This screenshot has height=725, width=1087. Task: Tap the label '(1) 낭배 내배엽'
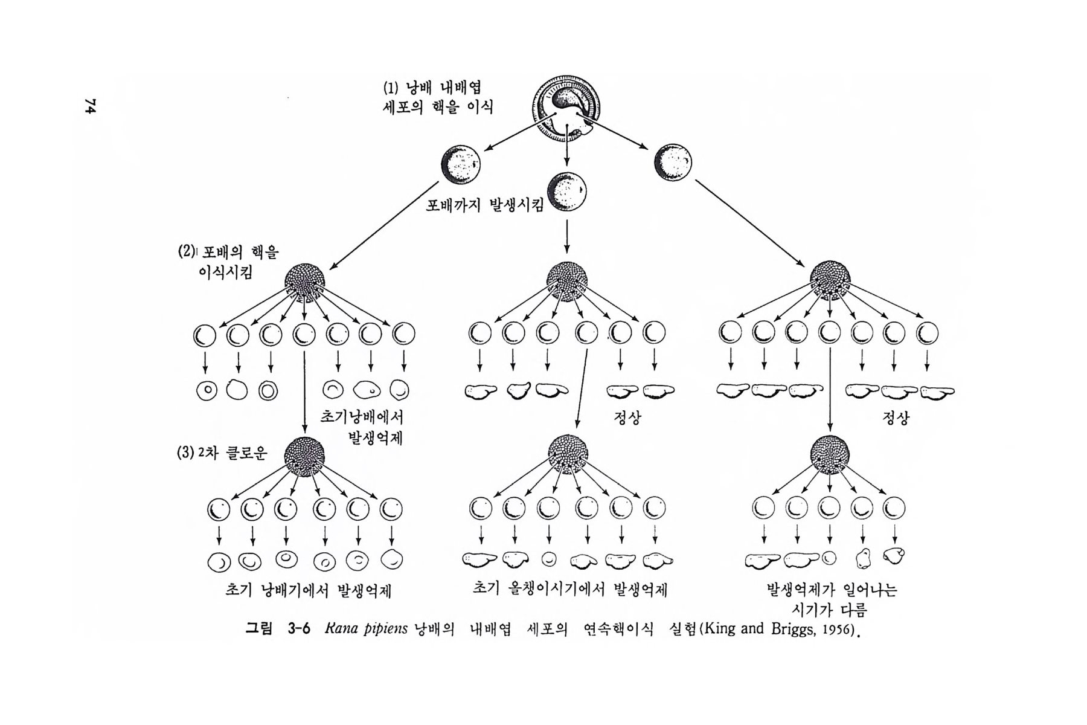[432, 88]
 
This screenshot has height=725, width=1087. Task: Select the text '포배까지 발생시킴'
[485, 205]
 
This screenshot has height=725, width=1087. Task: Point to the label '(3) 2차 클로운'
[222, 453]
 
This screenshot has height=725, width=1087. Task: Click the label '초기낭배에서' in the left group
[361, 417]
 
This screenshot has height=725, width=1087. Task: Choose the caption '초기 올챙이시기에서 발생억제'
[570, 589]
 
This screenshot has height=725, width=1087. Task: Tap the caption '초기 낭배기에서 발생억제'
[308, 590]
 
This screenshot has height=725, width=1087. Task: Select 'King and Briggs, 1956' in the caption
[779, 629]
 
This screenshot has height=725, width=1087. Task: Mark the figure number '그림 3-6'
[277, 629]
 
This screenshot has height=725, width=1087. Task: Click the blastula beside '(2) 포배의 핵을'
[305, 281]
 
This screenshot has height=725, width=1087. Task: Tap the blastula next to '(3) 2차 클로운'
[305, 454]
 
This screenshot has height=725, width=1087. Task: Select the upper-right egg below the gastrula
[672, 163]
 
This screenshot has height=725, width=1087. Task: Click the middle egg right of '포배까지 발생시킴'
[567, 191]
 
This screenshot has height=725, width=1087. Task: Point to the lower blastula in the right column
[830, 454]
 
